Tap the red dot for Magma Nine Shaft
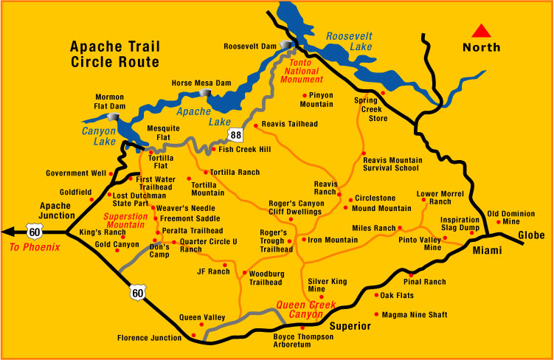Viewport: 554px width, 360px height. pos(377,314)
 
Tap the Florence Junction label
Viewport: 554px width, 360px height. pos(149,339)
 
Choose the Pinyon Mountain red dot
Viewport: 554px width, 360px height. pos(305,96)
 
